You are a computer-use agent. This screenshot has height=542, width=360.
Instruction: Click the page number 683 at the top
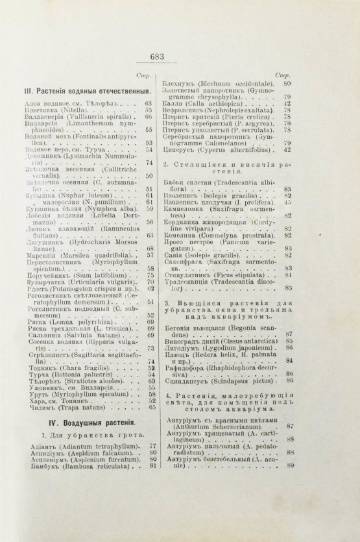coord(180,56)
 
